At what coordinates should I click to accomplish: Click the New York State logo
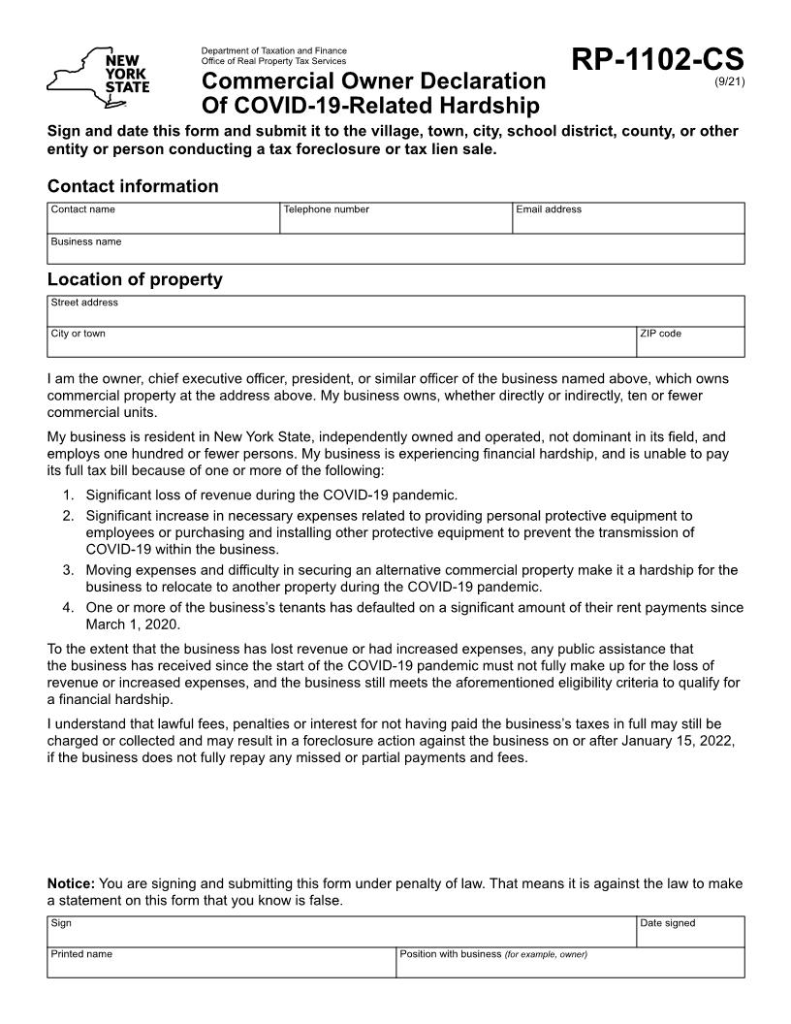click(x=98, y=73)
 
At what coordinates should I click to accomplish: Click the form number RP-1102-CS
click(x=657, y=59)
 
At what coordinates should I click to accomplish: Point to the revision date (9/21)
click(x=729, y=81)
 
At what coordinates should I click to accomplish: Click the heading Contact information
click(x=133, y=186)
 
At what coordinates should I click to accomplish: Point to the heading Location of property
click(x=135, y=279)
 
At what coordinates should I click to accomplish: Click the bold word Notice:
click(x=71, y=883)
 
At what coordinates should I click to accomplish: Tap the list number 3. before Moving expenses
click(x=69, y=570)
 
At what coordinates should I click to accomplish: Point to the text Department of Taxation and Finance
click(x=273, y=50)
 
